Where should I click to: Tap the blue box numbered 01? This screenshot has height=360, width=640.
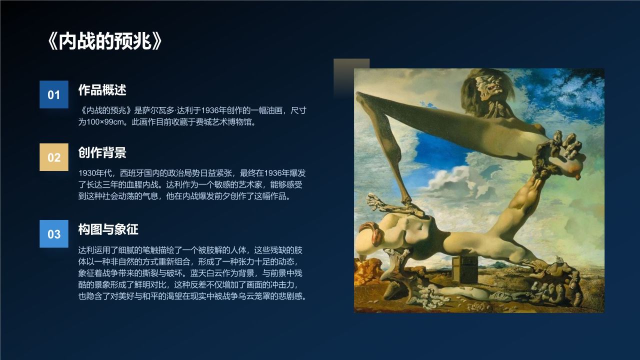(x=54, y=94)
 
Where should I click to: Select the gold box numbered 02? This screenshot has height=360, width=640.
(x=54, y=157)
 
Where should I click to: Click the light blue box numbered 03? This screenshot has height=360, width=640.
(x=54, y=234)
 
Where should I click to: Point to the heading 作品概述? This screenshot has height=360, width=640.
(x=102, y=90)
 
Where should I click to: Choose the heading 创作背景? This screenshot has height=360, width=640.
(x=102, y=152)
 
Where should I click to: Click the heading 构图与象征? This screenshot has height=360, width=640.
(x=108, y=229)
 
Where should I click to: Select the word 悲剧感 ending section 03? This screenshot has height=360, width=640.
(x=293, y=296)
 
